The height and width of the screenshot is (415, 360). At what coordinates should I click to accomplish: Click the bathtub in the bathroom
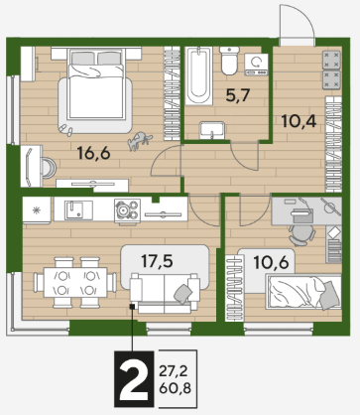pyautogui.click(x=198, y=75)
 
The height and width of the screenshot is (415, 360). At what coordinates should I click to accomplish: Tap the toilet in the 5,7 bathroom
pyautogui.click(x=229, y=61)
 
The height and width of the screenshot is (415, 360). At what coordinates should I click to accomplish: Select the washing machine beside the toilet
pyautogui.click(x=256, y=65)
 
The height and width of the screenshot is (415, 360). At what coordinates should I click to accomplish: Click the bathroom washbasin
pyautogui.click(x=212, y=130)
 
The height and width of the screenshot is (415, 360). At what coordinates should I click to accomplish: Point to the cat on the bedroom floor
pyautogui.click(x=140, y=140)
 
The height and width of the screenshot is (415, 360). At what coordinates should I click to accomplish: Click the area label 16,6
pyautogui.click(x=93, y=153)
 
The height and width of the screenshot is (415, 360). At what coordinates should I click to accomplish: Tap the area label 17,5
pyautogui.click(x=157, y=261)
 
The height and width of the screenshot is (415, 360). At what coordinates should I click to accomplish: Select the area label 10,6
pyautogui.click(x=271, y=262)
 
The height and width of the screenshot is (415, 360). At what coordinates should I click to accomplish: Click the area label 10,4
pyautogui.click(x=299, y=121)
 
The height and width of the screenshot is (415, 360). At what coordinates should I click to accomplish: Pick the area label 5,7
pyautogui.click(x=238, y=95)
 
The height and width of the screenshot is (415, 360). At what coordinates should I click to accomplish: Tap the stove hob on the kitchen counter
pyautogui.click(x=127, y=210)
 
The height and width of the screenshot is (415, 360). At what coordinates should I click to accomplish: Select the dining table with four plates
pyautogui.click(x=75, y=282)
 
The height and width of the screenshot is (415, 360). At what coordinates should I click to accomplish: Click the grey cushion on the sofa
pyautogui.click(x=183, y=294)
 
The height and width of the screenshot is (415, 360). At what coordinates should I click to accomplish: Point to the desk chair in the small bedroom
pyautogui.click(x=301, y=235)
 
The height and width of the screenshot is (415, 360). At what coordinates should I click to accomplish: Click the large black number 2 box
pyautogui.click(x=134, y=378)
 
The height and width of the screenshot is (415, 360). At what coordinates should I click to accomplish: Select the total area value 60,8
pyautogui.click(x=175, y=388)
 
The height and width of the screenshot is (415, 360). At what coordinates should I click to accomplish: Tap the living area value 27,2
pyautogui.click(x=174, y=371)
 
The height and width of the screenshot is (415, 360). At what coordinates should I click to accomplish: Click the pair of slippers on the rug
pyautogui.click(x=67, y=130)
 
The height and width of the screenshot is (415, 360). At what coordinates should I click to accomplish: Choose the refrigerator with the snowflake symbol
pyautogui.click(x=37, y=210)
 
